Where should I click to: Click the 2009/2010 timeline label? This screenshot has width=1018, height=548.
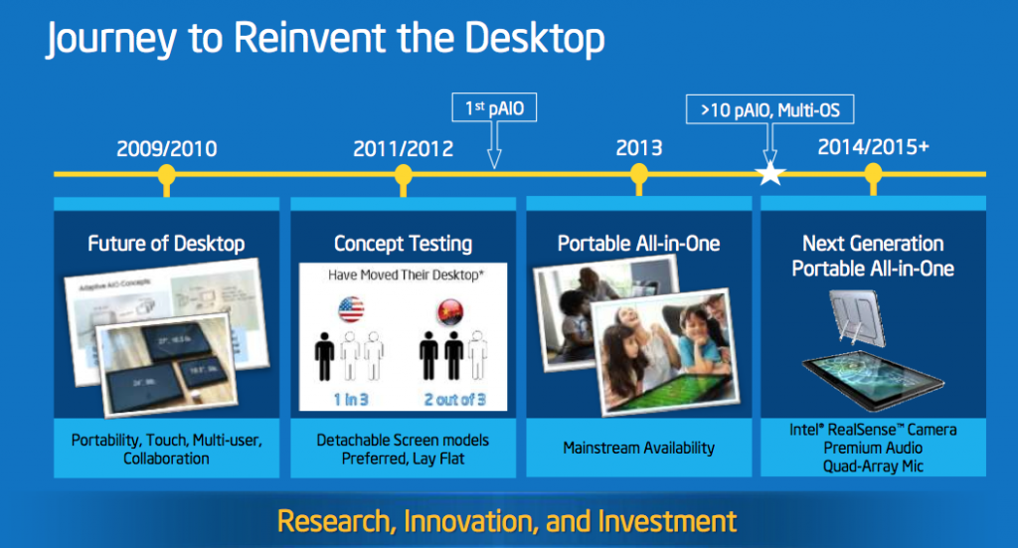(x=166, y=149)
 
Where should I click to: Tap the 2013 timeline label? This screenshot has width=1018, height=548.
(x=639, y=148)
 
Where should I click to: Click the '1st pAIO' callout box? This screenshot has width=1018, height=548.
(x=494, y=105)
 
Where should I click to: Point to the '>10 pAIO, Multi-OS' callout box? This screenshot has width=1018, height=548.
(x=769, y=109)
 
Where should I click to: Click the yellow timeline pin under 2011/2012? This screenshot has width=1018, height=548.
(x=403, y=177)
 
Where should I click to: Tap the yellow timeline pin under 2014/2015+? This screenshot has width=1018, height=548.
(x=874, y=177)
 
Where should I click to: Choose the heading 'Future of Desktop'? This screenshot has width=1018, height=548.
(x=166, y=244)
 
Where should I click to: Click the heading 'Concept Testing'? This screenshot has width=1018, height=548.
(x=403, y=244)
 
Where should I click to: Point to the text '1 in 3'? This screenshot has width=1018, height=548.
(x=350, y=399)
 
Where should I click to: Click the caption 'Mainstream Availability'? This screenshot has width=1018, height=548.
(x=638, y=448)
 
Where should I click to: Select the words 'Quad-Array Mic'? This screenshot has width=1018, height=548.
(x=873, y=465)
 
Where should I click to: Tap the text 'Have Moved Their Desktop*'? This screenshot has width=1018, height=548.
(x=403, y=275)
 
